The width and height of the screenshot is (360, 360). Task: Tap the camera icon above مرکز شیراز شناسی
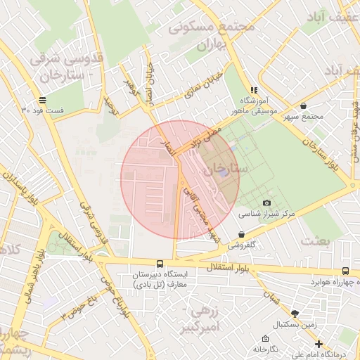pos(266,203)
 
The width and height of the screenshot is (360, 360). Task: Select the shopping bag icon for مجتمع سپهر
pos(303,106)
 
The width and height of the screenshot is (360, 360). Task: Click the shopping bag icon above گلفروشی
pos(242,235)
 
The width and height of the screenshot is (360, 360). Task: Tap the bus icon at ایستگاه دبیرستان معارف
pos(160,264)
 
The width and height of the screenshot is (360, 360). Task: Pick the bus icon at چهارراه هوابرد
pos(345,271)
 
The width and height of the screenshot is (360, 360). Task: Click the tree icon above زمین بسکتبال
pos(294,313)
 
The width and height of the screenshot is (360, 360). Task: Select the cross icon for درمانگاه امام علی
pos(319,344)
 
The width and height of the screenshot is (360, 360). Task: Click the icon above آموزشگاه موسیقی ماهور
pos(254,90)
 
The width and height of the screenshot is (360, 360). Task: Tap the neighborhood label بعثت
pos(315,240)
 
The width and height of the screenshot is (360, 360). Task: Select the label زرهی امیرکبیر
pos(215,318)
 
